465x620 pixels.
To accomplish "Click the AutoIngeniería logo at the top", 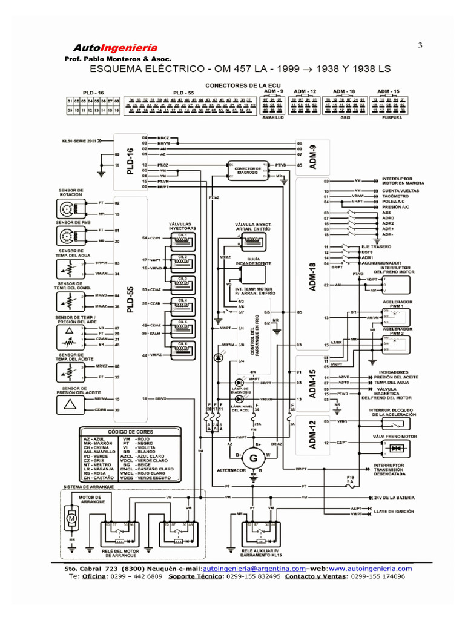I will tap(115, 48).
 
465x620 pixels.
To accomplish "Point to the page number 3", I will tap(420, 46).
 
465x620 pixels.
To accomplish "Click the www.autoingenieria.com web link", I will tap(371, 569).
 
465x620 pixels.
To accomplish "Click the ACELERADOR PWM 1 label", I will tap(396, 303).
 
